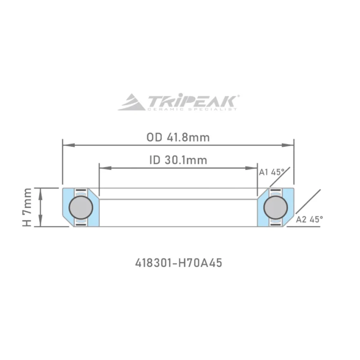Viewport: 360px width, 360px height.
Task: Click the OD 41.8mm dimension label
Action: pos(178,138)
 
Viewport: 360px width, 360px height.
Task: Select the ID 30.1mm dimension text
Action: pos(178,160)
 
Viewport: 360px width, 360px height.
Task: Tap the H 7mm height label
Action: pos(27,207)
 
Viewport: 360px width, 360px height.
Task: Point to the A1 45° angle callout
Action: pos(272,172)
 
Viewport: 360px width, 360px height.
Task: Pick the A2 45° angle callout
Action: pos(309,220)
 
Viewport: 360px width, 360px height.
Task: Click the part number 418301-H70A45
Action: pos(179,263)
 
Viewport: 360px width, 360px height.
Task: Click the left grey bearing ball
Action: pos(81,207)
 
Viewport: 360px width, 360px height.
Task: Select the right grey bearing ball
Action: pos(275,207)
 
